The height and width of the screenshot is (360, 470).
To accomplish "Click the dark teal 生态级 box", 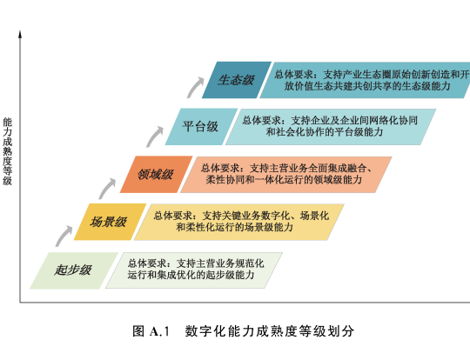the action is (237, 80).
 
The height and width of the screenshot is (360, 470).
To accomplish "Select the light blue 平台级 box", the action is (201, 127).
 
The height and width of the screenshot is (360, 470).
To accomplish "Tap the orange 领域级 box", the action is (156, 174).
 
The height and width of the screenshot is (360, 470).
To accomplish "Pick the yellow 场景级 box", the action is (110, 222).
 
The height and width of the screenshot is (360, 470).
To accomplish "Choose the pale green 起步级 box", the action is (74, 270).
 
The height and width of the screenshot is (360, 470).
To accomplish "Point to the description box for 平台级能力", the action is (331, 127).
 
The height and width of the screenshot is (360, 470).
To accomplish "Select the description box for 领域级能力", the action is (286, 174).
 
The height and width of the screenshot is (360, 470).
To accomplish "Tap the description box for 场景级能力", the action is (238, 222).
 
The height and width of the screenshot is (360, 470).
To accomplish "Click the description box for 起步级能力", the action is (194, 270).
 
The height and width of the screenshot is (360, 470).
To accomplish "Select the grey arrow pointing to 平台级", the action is (154, 136).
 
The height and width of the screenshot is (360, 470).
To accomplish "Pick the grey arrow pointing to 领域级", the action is (106, 188).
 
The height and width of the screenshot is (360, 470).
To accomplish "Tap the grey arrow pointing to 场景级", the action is (63, 235).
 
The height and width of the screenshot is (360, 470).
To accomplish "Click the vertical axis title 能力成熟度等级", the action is (8, 151).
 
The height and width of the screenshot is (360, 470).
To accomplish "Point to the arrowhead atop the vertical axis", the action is (20, 34).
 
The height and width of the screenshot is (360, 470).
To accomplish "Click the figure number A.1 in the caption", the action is (159, 331).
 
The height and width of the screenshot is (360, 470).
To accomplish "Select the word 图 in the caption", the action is (138, 331).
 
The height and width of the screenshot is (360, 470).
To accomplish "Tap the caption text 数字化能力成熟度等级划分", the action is (270, 331).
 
